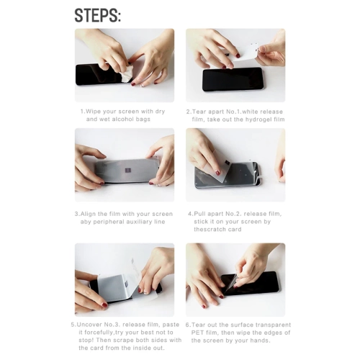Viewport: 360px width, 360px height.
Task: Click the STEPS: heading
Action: click(x=97, y=15)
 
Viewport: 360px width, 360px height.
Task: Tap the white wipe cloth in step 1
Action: click(x=126, y=74)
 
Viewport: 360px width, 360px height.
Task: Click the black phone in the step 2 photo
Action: click(x=233, y=79)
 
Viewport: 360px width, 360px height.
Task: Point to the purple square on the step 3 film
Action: click(x=128, y=170)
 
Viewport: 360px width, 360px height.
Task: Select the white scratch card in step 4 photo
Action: click(x=222, y=169)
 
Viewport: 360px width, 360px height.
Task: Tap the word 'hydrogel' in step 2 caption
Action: click(x=258, y=120)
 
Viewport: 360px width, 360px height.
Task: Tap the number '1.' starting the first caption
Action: click(x=83, y=112)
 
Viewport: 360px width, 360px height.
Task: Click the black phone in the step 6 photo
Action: click(x=251, y=282)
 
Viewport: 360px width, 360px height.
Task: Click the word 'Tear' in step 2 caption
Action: click(x=199, y=112)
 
